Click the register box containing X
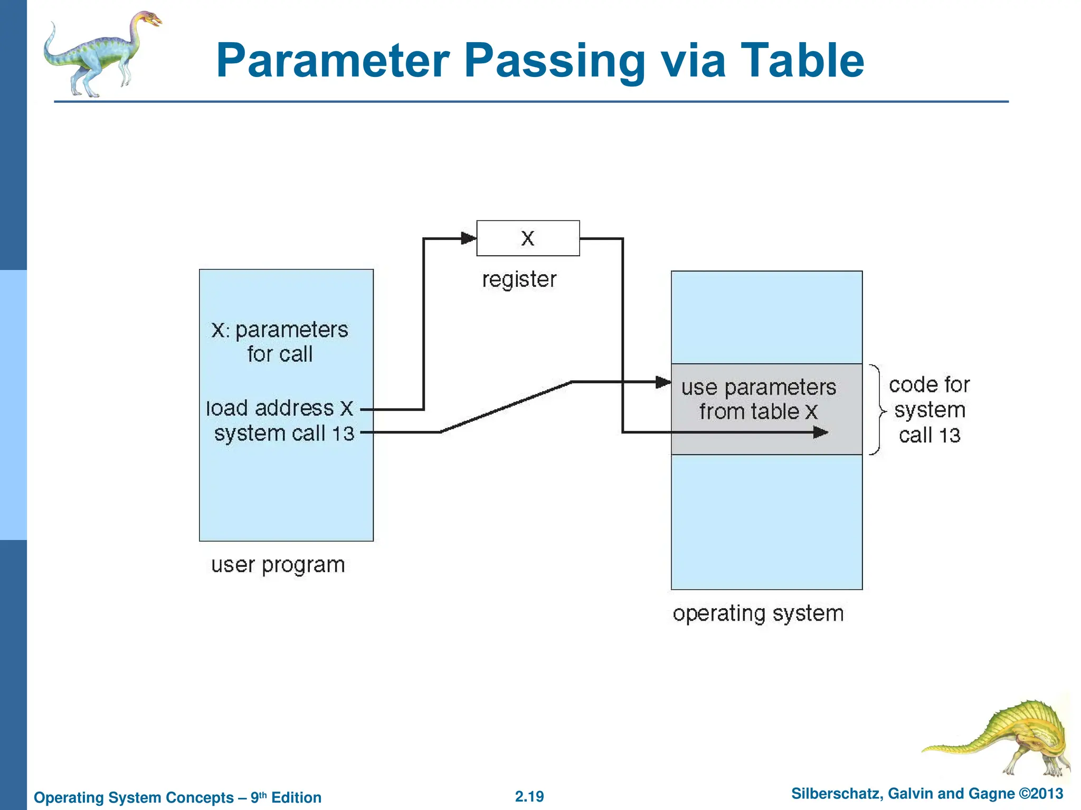pyautogui.click(x=528, y=238)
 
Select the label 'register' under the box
pyautogui.click(x=519, y=279)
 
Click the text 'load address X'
pyautogui.click(x=279, y=409)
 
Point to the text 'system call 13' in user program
pyautogui.click(x=284, y=433)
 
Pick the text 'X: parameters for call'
pyautogui.click(x=280, y=342)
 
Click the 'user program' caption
pyautogui.click(x=278, y=565)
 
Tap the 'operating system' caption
pyautogui.click(x=758, y=613)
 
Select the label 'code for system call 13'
pyautogui.click(x=930, y=410)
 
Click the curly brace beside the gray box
pyautogui.click(x=877, y=410)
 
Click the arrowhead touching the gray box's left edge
pyautogui.click(x=663, y=382)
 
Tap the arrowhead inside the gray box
pyautogui.click(x=821, y=432)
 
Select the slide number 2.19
pyautogui.click(x=529, y=796)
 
